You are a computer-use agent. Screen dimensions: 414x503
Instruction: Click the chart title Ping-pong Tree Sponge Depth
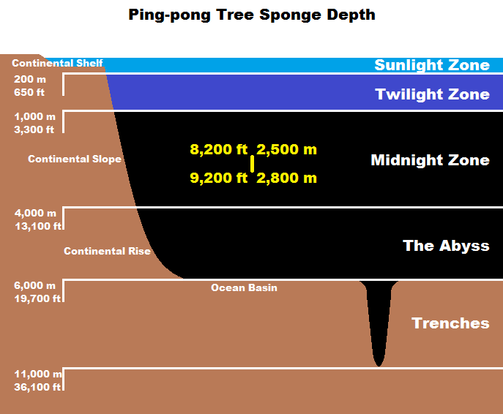tap(251, 15)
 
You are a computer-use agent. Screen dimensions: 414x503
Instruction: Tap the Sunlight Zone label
tap(432, 65)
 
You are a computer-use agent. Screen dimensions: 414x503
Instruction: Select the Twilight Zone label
tap(432, 94)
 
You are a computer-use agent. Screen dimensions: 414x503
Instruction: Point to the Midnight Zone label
tap(430, 160)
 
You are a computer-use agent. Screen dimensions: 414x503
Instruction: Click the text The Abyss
tap(446, 246)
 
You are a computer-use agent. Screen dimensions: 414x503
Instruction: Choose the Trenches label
tap(450, 323)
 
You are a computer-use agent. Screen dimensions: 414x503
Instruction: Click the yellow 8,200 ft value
tap(218, 150)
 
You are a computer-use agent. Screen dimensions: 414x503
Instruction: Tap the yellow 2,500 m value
tap(286, 150)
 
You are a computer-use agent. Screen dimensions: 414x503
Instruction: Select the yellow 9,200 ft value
tap(218, 177)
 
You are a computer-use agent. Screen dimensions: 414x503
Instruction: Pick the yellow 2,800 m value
tap(286, 177)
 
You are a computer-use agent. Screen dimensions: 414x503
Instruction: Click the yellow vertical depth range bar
tap(253, 164)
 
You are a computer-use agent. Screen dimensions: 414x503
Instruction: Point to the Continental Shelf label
tap(57, 64)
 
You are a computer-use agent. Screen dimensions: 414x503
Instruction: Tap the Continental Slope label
tap(75, 159)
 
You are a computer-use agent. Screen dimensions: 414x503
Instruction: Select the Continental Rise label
tap(107, 251)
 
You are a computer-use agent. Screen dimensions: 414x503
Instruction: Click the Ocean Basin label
tap(244, 287)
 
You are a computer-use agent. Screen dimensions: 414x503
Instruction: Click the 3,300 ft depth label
tap(34, 129)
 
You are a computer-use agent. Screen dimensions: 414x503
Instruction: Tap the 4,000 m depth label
tap(34, 213)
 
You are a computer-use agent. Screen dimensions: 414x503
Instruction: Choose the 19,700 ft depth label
tap(37, 298)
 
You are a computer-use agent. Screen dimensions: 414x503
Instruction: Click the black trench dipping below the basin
tap(378, 322)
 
